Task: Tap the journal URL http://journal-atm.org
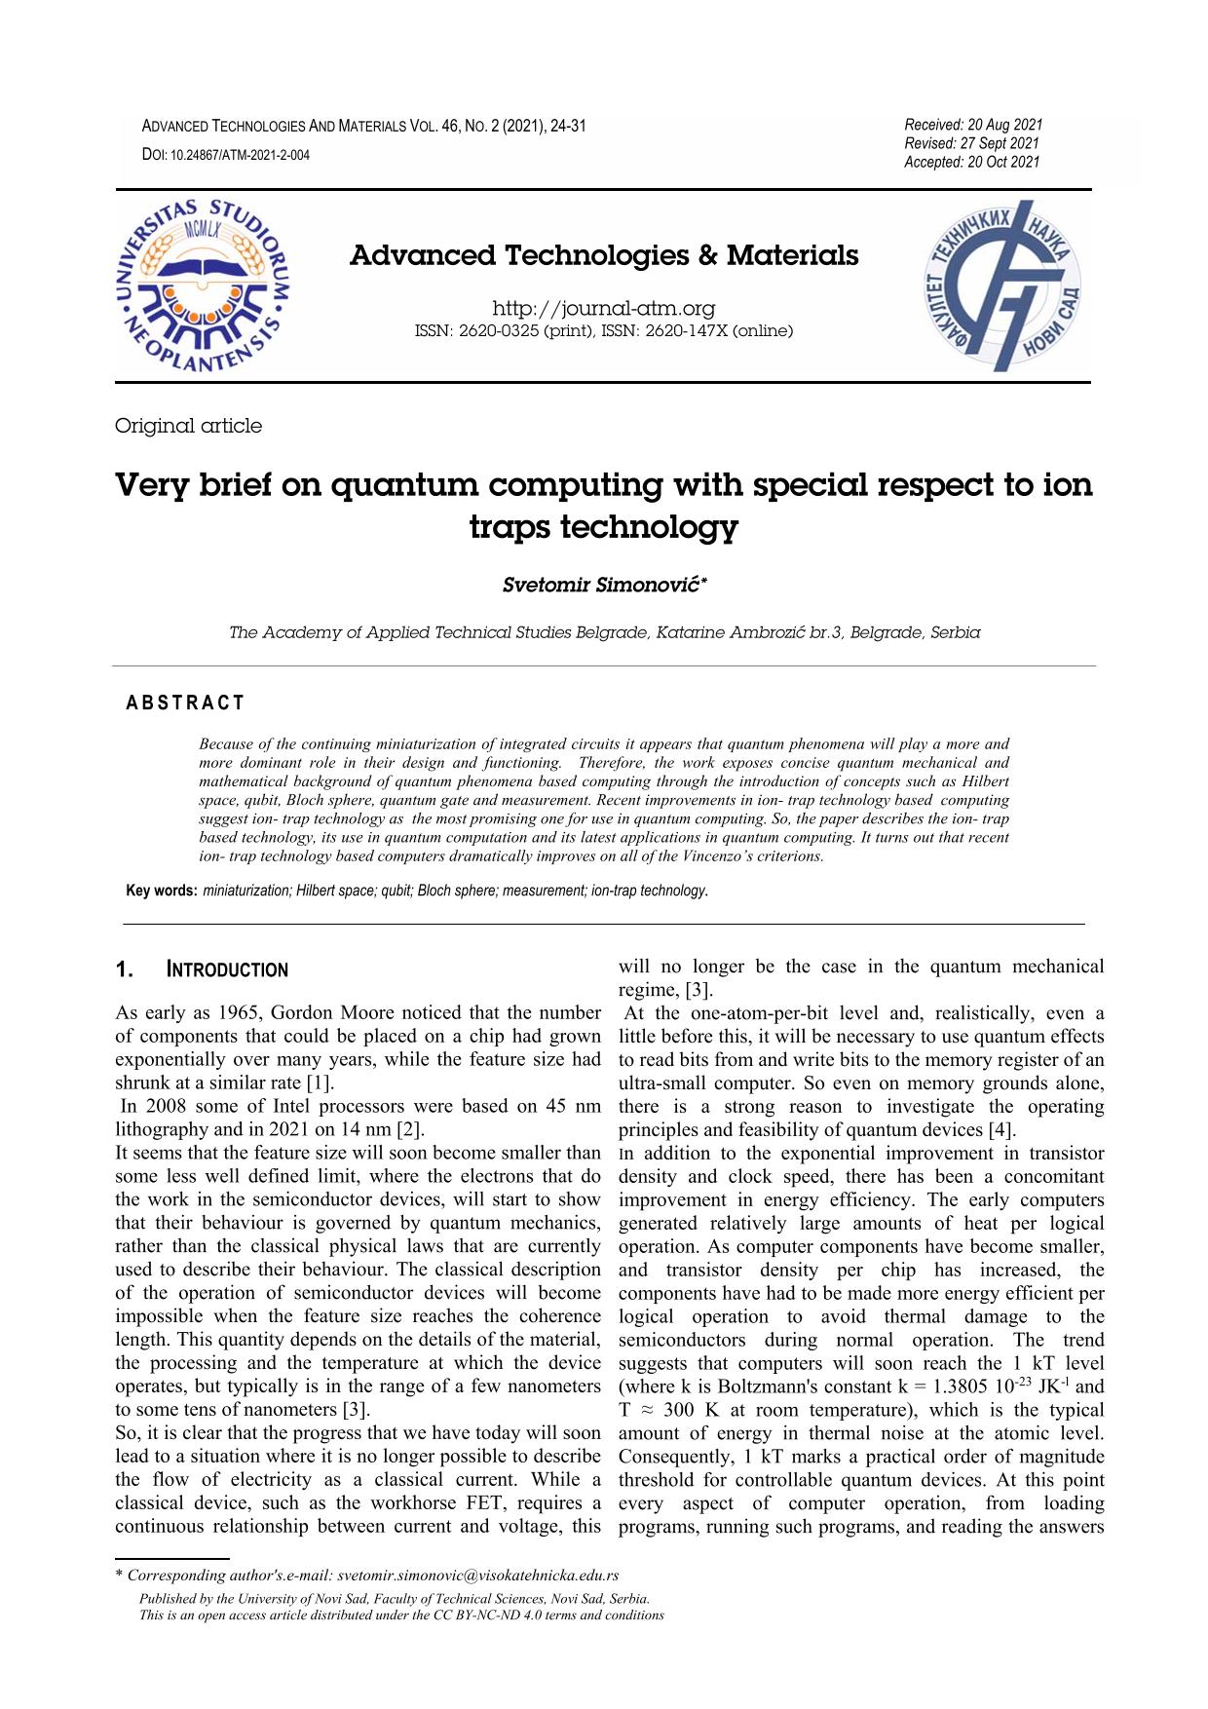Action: [604, 309]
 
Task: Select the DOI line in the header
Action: [226, 155]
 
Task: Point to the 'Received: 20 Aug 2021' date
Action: [972, 125]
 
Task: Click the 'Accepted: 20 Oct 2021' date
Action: [971, 162]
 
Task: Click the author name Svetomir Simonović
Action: [604, 586]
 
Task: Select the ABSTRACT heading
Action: [186, 703]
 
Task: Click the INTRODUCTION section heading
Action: [227, 970]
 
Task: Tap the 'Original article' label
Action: [188, 426]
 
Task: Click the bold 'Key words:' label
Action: [163, 891]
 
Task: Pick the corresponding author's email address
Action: [479, 1576]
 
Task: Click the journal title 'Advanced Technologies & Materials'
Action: [604, 256]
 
